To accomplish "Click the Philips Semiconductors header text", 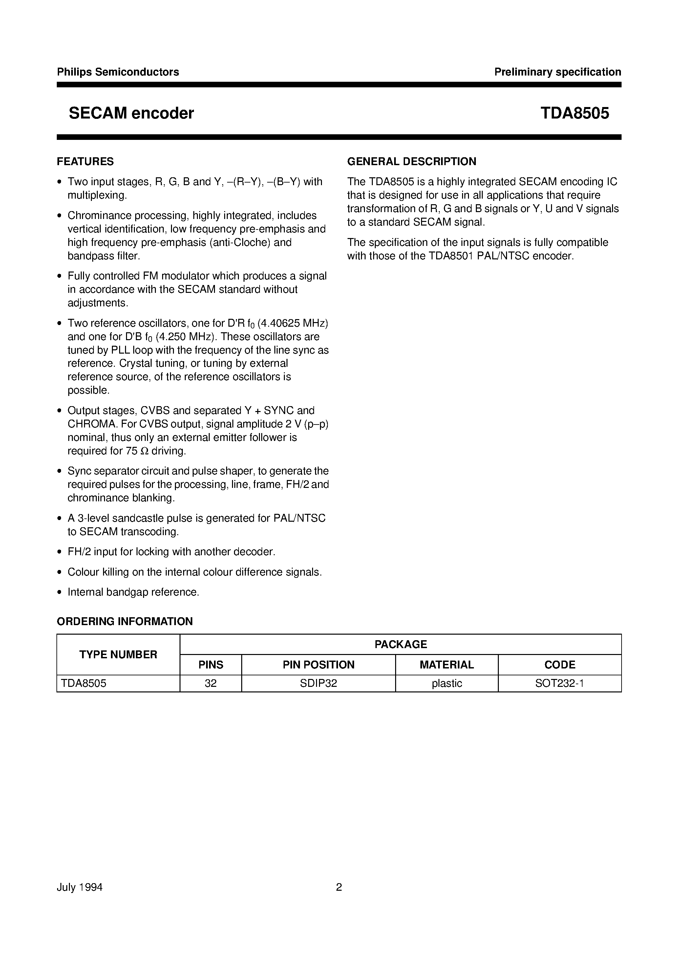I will coord(118,72).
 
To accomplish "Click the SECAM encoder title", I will coord(131,113).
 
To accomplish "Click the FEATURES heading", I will coord(85,162).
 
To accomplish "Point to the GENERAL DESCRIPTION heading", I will coord(412,162).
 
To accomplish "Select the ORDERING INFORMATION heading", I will coord(125,621).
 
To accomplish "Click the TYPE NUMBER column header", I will coord(118,654).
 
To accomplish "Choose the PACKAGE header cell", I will coord(401,644).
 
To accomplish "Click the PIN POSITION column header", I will coord(319,665).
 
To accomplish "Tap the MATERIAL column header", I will coord(447,665).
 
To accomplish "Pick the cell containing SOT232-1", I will coord(560,684).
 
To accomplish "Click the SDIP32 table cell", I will coord(319,684).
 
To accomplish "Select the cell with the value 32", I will coord(211,684).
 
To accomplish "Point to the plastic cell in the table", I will coord(447,684).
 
